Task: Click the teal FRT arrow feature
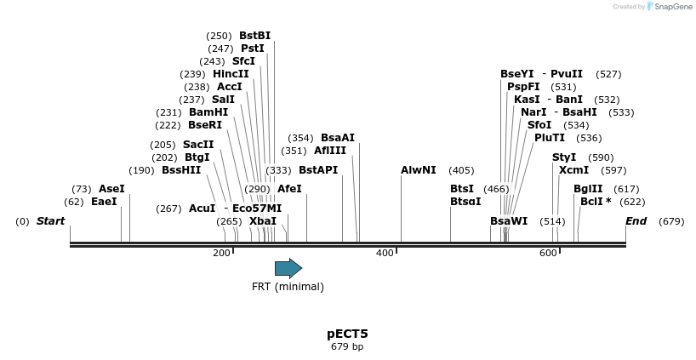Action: click(x=288, y=269)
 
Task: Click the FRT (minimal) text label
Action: click(x=288, y=287)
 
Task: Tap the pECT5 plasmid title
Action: click(x=347, y=334)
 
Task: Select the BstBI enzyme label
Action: click(x=254, y=36)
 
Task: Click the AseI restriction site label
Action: click(x=111, y=189)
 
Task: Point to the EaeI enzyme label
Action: click(x=104, y=202)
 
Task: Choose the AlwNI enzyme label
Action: click(x=419, y=170)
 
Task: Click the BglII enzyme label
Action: click(x=588, y=189)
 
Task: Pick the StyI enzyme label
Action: click(x=564, y=157)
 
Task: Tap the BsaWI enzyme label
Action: click(x=509, y=221)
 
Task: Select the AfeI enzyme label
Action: click(x=289, y=189)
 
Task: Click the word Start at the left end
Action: click(x=50, y=221)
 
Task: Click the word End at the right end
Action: click(x=636, y=221)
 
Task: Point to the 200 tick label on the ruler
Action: click(x=221, y=253)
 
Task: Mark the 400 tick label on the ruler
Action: click(x=385, y=253)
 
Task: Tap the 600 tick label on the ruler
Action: click(x=548, y=253)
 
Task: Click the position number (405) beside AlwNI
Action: click(x=461, y=170)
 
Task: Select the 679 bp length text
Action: click(x=347, y=346)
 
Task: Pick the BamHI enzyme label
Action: click(x=208, y=112)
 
